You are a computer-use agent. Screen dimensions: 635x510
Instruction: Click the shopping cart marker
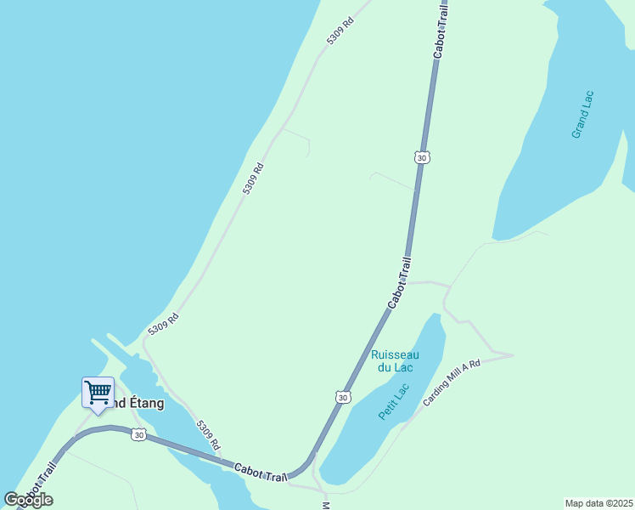[98, 393]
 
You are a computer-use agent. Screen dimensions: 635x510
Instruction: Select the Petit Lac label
[394, 402]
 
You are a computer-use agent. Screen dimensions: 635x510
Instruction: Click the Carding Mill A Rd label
[452, 382]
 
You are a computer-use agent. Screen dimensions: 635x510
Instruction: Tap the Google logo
[28, 500]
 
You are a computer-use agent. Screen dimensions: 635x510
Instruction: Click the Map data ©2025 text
[598, 502]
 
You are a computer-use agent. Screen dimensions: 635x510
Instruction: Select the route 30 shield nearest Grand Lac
[422, 157]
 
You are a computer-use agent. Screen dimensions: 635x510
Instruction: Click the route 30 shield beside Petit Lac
[341, 397]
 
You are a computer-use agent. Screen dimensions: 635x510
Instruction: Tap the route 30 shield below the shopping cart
[138, 435]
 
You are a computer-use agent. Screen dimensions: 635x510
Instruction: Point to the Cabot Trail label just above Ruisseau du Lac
[399, 283]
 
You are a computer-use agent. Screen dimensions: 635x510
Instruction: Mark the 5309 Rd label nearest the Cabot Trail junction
[208, 435]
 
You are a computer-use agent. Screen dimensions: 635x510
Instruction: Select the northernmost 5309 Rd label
[339, 30]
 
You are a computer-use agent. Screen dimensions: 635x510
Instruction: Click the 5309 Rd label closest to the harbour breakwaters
[163, 324]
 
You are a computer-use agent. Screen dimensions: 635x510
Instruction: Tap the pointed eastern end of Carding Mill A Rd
[512, 354]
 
